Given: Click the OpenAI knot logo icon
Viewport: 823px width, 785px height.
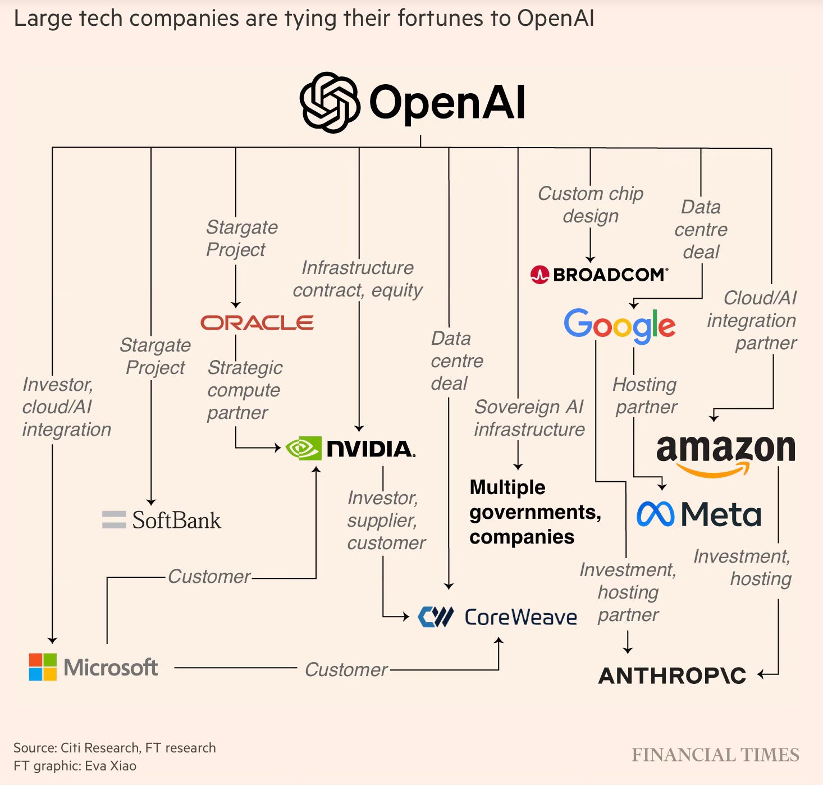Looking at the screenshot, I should pos(330,102).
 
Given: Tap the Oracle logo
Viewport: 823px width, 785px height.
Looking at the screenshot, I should pos(257,323).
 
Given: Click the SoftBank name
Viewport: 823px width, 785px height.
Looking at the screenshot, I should pos(176,520).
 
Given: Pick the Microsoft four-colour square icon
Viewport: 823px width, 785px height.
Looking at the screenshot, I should pos(43,667).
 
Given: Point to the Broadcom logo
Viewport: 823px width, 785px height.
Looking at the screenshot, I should pos(599,275).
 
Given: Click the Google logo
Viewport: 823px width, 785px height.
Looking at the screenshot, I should pos(619,325).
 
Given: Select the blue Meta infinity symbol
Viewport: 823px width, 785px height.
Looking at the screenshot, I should pos(655,514).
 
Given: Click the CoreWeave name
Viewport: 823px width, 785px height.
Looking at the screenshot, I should pos(520,617).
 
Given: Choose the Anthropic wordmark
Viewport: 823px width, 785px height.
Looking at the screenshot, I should pos(673,676).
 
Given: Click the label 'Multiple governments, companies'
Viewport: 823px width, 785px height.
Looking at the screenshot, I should pos(534,512).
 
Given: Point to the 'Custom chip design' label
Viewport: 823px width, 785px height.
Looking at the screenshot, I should pos(591,204).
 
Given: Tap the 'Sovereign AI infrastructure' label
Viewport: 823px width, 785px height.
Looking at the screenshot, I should pos(529,418).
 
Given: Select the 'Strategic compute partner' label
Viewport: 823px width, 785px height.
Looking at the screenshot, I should pos(244,390).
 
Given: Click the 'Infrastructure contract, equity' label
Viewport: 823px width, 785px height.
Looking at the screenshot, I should pos(358,279).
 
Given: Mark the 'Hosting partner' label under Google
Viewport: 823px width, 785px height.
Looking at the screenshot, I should pos(646,395).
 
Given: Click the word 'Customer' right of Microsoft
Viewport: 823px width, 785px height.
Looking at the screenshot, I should pos(346,669).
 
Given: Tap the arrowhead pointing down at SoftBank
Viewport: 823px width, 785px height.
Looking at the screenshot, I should pos(151,501).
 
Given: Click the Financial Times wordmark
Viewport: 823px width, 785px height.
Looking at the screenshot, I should pos(715,755).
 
